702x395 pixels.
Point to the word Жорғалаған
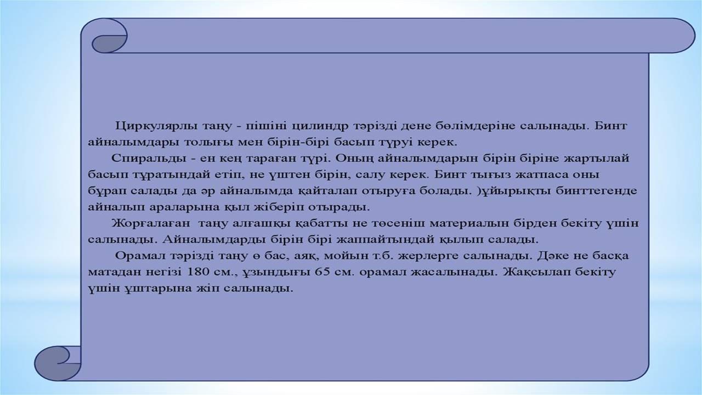(150, 223)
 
